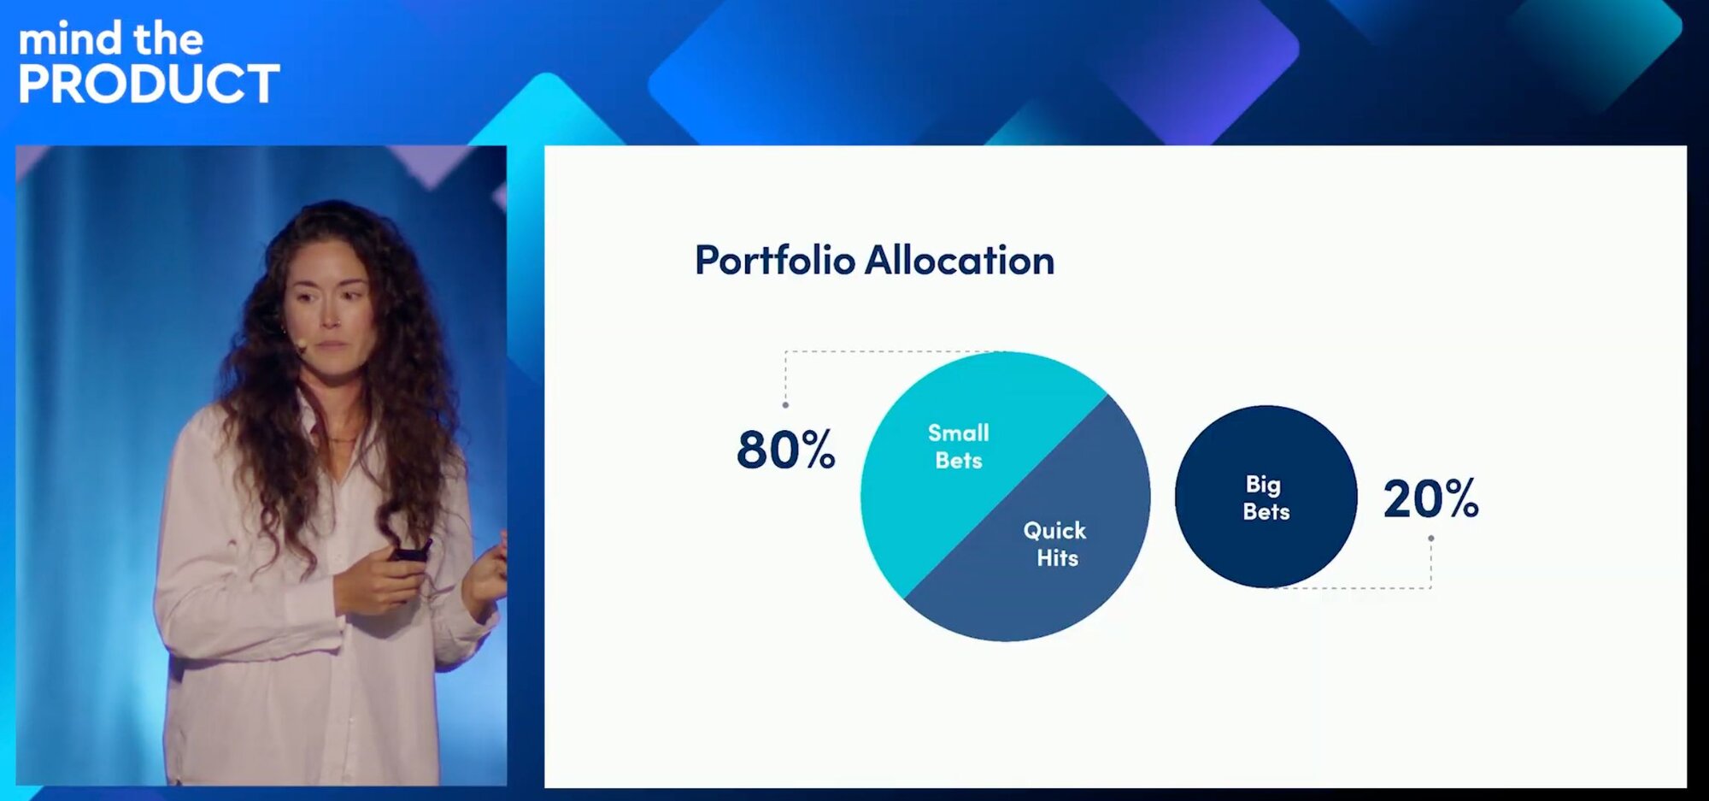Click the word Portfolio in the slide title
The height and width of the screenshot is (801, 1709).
pos(775,261)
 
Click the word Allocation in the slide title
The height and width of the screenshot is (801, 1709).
pos(960,260)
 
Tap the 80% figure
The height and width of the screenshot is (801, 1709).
pos(785,450)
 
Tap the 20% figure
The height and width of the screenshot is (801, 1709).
pos(1431,498)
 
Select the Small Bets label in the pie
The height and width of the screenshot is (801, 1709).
pos(959,446)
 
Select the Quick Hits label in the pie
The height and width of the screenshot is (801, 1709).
pos(1055,544)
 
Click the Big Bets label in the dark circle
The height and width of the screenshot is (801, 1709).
pos(1266,498)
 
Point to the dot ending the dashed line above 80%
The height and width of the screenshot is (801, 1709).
pos(785,405)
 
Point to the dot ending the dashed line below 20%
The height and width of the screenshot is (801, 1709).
pos(1431,539)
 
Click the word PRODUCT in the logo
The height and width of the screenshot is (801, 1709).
pos(149,84)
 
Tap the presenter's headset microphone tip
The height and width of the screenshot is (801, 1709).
pos(301,345)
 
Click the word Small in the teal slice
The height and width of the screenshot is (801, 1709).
pos(959,433)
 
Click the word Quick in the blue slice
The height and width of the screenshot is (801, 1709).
pos(1055,531)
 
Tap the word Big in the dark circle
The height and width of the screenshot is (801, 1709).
pos(1263,485)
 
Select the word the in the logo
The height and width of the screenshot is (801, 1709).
pos(168,38)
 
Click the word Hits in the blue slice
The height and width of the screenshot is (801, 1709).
pos(1058,558)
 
